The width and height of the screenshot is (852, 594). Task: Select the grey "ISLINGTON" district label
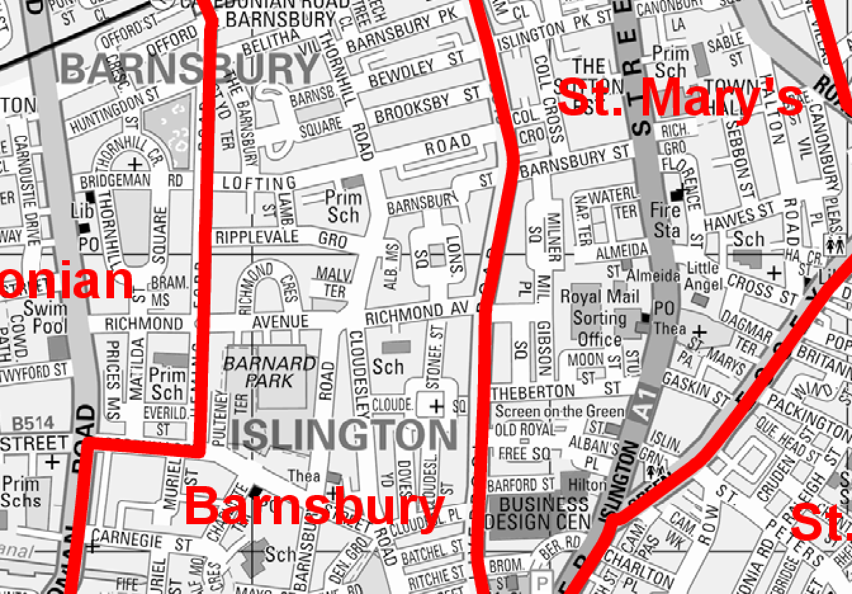click(x=343, y=435)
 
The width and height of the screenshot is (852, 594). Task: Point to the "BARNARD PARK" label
click(x=269, y=372)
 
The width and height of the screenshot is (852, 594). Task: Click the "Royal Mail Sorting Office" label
click(x=600, y=318)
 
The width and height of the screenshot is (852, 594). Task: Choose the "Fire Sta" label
click(x=666, y=220)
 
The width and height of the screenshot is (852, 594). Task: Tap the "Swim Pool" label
click(x=45, y=317)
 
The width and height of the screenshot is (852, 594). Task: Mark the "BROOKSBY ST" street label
click(x=427, y=106)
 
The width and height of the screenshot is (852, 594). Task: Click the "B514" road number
click(x=34, y=423)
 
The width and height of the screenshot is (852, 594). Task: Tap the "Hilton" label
click(x=587, y=485)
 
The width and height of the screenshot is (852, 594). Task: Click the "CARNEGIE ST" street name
click(x=141, y=541)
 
